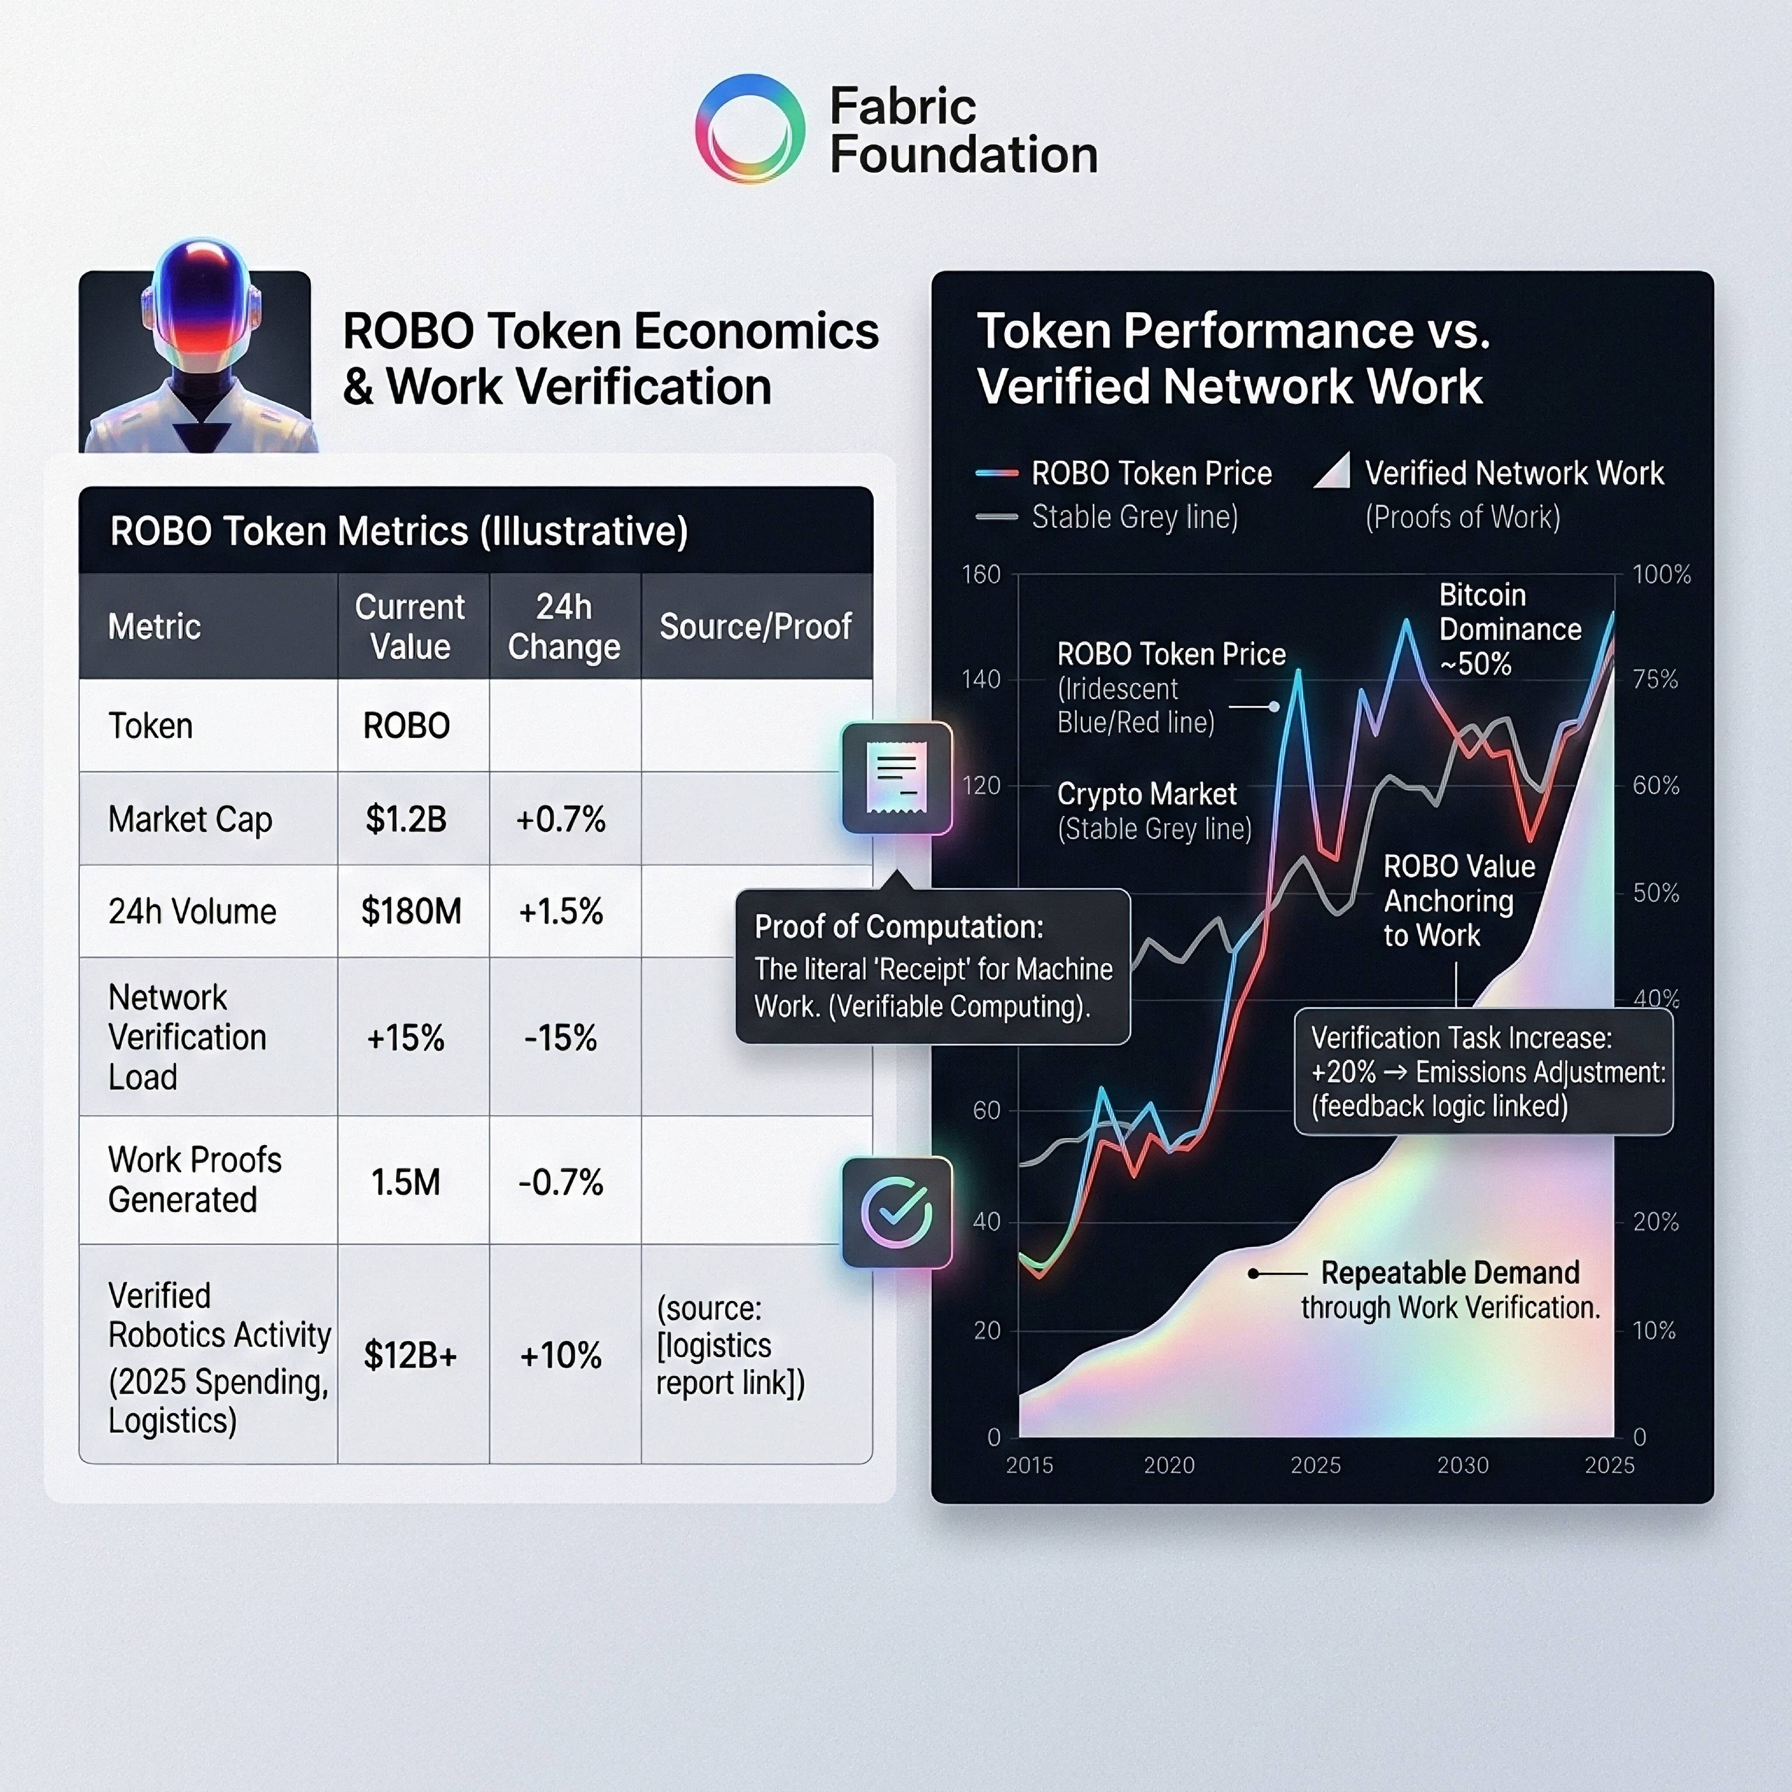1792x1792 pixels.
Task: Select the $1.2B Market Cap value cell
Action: (406, 819)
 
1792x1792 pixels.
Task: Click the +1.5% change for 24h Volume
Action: (561, 912)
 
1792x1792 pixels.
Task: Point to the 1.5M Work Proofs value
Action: (405, 1182)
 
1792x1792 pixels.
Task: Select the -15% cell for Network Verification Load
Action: (561, 1037)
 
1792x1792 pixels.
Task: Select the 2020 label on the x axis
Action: (1168, 1465)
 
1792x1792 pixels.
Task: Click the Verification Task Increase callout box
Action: (1484, 1072)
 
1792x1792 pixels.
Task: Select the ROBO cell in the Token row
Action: (406, 725)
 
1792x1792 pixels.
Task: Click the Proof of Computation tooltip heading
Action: (899, 926)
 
